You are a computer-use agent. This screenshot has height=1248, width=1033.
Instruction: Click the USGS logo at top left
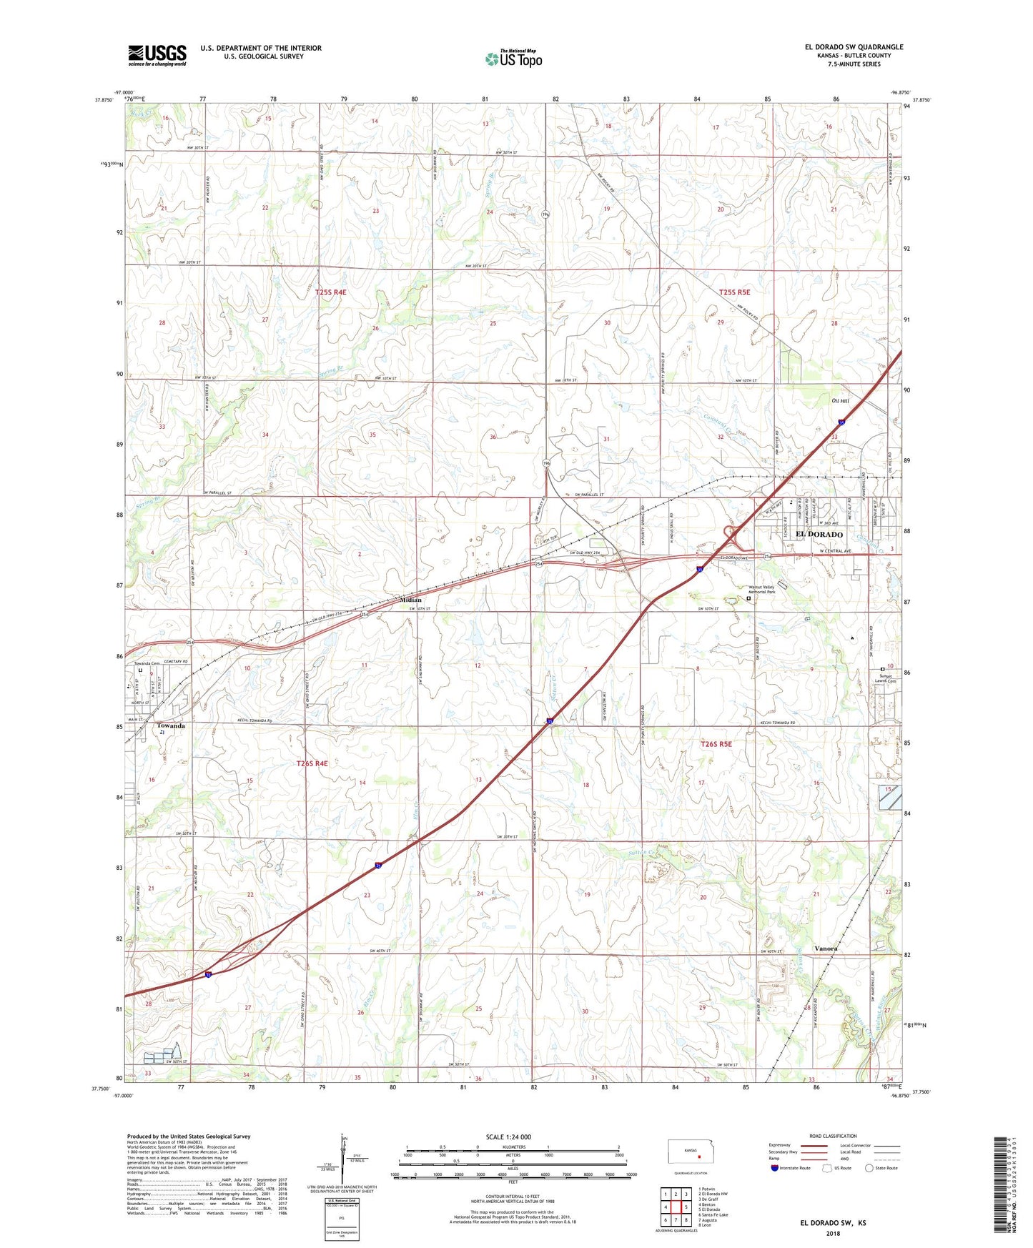click(x=157, y=55)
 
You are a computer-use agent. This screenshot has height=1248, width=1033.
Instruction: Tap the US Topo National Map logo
click(x=513, y=58)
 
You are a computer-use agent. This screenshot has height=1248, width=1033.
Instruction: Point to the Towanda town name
click(x=171, y=725)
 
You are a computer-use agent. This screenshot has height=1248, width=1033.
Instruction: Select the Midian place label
click(x=410, y=600)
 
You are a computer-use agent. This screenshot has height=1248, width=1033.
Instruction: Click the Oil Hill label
click(x=841, y=401)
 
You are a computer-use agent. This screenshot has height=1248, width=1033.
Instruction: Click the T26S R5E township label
click(x=716, y=744)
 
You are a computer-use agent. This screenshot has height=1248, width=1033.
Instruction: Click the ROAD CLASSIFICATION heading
click(x=833, y=1136)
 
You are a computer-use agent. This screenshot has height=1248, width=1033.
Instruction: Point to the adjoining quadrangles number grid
click(x=676, y=1207)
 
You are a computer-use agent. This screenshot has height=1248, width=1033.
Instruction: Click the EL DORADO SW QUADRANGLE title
click(x=854, y=47)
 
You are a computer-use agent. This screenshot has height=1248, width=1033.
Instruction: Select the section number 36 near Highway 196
click(x=493, y=437)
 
